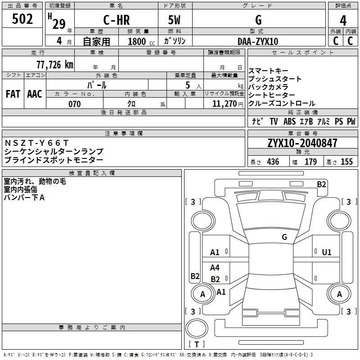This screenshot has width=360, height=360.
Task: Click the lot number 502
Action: tap(22, 19)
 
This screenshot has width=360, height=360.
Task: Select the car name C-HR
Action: tap(117, 20)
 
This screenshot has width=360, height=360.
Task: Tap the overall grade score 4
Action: tap(343, 21)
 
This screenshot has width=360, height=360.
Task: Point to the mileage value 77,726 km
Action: tap(55, 64)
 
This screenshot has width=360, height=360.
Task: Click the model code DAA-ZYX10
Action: tap(258, 41)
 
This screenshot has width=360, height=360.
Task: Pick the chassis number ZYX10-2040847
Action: tap(302, 143)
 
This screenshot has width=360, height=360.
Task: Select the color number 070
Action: tap(75, 104)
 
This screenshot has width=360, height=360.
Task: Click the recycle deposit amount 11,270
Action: tap(224, 104)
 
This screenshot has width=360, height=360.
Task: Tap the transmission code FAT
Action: tap(13, 94)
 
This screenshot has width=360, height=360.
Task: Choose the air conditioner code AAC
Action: tap(35, 94)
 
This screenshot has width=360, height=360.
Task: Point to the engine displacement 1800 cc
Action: tap(141, 41)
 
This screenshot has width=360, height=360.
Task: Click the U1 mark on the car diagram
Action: tap(327, 252)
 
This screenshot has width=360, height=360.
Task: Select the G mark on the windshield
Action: tap(284, 237)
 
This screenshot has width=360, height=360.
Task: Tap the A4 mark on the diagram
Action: tap(215, 267)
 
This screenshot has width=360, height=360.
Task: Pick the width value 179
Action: tap(310, 162)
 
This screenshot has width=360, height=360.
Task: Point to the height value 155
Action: tap(346, 162)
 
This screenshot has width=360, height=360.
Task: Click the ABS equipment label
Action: tap(289, 121)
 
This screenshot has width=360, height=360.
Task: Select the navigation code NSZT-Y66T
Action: tap(37, 143)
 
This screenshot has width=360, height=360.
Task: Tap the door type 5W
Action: tap(174, 20)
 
